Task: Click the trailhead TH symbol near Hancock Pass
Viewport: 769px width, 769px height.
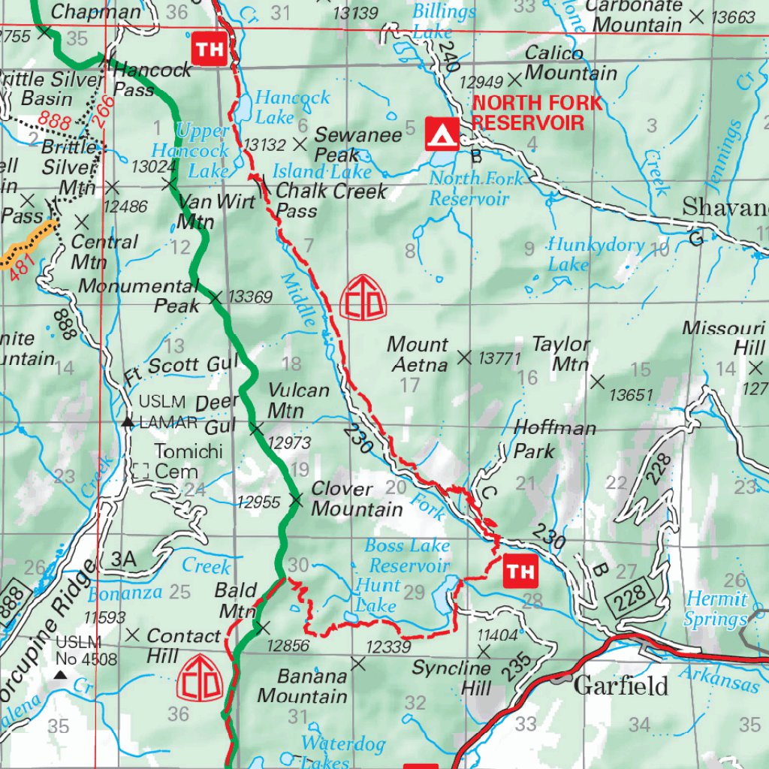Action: tap(210, 49)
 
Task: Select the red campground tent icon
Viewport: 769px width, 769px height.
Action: tap(442, 134)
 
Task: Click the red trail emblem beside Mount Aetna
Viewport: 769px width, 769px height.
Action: tap(363, 297)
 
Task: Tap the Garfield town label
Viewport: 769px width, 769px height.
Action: tap(620, 686)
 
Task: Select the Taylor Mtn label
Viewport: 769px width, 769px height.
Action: tap(560, 354)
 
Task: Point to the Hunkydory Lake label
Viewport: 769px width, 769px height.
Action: tap(595, 254)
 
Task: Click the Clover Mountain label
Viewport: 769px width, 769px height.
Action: tap(356, 499)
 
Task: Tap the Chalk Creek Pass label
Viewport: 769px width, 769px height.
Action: tap(331, 201)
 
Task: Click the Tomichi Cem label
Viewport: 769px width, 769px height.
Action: tap(176, 461)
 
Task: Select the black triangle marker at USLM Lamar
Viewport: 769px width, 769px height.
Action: tap(128, 423)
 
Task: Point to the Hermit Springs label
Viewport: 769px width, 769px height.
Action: tap(715, 609)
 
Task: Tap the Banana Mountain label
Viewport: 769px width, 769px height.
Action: tap(302, 686)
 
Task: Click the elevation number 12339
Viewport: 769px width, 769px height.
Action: tap(388, 647)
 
